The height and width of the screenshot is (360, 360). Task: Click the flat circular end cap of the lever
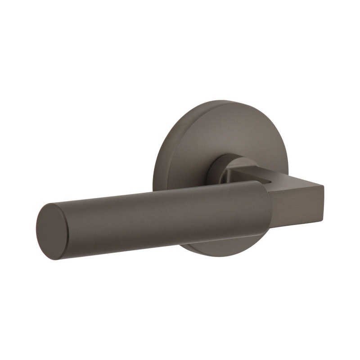52,231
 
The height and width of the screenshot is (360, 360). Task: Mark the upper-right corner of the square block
324,184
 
